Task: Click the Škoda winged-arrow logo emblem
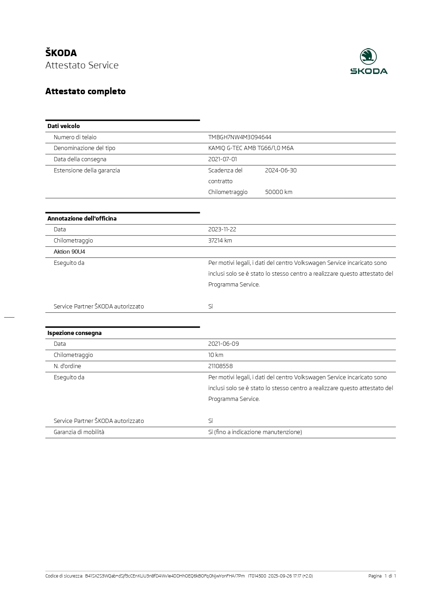[368, 57]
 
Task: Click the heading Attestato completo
[85, 91]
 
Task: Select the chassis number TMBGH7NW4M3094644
[240, 137]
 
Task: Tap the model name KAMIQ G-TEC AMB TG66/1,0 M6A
[251, 148]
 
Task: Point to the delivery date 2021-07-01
[223, 159]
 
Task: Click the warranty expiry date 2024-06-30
[281, 171]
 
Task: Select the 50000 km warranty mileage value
[278, 192]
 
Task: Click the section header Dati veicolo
[64, 126]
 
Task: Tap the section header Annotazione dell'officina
[82, 219]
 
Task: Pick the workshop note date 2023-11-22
[222, 230]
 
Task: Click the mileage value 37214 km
[220, 241]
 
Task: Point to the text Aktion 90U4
[69, 252]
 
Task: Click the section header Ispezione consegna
[75, 333]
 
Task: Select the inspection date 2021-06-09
[224, 344]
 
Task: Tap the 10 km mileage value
[216, 355]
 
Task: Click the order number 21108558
[221, 366]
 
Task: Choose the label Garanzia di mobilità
[79, 432]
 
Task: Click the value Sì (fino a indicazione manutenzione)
[255, 432]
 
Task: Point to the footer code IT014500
[257, 576]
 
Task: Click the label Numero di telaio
[75, 137]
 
